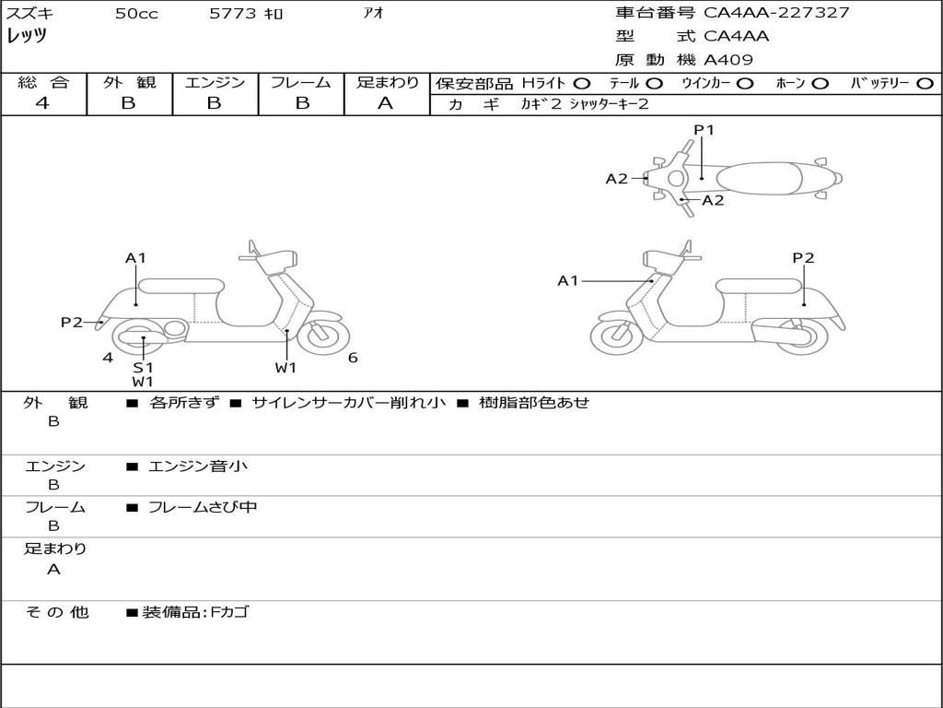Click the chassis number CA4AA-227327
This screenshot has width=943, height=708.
(x=776, y=13)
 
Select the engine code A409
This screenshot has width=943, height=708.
(x=728, y=60)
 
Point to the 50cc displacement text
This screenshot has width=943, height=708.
(x=136, y=14)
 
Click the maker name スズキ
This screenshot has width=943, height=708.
(x=30, y=14)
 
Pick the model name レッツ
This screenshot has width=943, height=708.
(x=27, y=37)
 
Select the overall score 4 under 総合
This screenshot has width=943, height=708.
(x=42, y=103)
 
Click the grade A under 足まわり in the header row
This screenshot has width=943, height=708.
(x=386, y=103)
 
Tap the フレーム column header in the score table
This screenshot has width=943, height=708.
(x=301, y=83)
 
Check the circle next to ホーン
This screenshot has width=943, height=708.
(x=821, y=84)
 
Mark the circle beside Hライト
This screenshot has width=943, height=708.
(x=582, y=84)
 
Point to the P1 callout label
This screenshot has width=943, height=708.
(x=704, y=130)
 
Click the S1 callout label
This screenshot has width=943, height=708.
(x=143, y=367)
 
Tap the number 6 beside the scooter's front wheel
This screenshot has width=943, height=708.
(x=353, y=358)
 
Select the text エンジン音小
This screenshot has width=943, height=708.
(x=198, y=466)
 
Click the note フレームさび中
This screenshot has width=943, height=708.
(x=203, y=507)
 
